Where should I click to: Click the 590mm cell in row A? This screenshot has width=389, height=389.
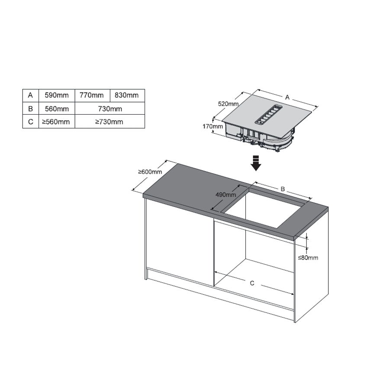[57, 95]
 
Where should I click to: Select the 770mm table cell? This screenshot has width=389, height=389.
[92, 95]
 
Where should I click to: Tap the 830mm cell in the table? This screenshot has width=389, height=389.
[127, 95]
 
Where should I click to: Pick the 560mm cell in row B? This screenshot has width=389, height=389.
[57, 109]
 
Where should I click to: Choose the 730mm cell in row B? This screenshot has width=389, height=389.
[109, 109]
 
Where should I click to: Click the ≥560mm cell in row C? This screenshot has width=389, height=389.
[57, 122]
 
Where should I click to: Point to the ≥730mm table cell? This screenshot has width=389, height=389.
[109, 122]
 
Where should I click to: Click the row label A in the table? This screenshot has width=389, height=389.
[31, 95]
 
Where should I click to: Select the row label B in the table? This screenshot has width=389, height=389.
[31, 109]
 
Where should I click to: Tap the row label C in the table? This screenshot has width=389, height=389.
[31, 122]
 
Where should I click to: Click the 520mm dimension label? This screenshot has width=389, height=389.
[228, 104]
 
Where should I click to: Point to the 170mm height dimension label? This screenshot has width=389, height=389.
[212, 126]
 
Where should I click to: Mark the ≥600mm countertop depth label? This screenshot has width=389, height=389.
[150, 172]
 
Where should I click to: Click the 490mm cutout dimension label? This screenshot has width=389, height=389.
[226, 195]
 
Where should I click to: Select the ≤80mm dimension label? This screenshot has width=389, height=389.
[308, 257]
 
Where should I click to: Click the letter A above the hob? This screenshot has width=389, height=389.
[287, 97]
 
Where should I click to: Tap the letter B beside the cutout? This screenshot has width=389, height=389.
[283, 189]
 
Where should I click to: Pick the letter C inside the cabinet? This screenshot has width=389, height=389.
[252, 283]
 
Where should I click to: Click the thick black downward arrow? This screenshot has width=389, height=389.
[256, 163]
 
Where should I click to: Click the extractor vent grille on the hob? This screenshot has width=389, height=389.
[269, 114]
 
